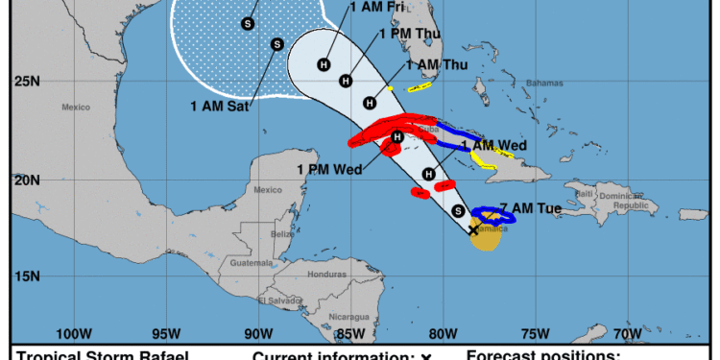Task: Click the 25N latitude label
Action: point(28,82)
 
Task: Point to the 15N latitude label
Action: point(28,276)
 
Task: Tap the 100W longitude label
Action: point(73,334)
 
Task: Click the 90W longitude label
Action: point(257,334)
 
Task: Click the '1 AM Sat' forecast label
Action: point(223,107)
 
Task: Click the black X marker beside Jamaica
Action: point(473,229)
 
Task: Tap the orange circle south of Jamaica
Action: point(487,238)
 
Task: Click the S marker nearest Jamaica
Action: point(458,211)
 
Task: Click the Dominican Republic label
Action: point(634,201)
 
